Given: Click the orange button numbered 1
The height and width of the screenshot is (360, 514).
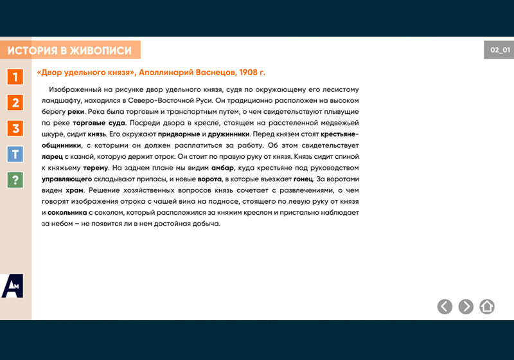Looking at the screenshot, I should (15, 76).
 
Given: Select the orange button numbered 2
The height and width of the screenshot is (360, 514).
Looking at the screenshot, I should (15, 102).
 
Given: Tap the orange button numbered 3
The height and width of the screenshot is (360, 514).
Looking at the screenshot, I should (15, 128).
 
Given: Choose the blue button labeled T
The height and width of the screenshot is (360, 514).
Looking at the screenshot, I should (15, 154).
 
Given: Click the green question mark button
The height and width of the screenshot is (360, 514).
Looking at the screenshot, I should (15, 180).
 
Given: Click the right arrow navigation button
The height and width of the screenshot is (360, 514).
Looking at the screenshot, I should (466, 307).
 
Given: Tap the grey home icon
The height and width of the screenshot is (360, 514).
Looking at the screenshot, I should (487, 307).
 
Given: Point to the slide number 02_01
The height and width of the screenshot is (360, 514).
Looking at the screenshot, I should (499, 50).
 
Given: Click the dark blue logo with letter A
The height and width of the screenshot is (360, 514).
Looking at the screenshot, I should (12, 285).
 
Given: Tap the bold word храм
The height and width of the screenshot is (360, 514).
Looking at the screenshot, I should (75, 190).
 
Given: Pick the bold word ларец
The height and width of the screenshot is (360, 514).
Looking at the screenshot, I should (53, 156).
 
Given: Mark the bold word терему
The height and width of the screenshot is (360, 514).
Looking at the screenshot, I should (94, 167).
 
